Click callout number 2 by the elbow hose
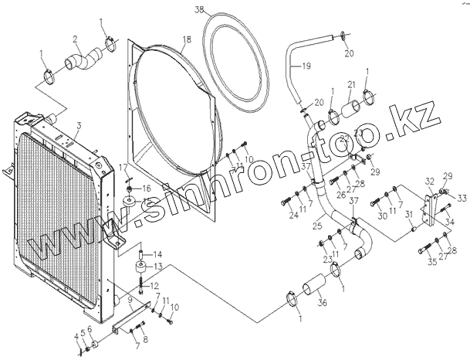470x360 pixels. click(75, 39)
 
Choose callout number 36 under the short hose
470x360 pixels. click(322, 304)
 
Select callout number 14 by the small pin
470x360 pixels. click(155, 254)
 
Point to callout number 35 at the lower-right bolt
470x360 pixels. click(433, 262)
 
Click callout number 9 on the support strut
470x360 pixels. click(130, 299)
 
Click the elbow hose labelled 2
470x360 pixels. click(83, 58)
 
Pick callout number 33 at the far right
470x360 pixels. click(452, 197)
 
